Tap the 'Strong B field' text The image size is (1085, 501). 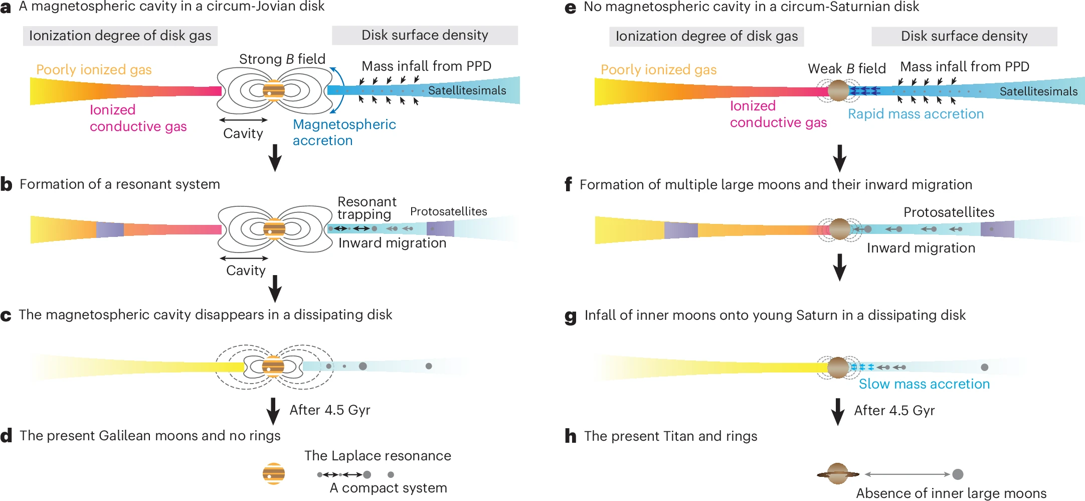pyautogui.click(x=282, y=59)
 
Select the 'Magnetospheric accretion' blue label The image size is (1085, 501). pyautogui.click(x=344, y=133)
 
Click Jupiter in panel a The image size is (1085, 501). pyautogui.click(x=274, y=91)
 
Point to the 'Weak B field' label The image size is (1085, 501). pyautogui.click(x=846, y=69)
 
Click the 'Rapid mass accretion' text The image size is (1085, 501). pyautogui.click(x=916, y=114)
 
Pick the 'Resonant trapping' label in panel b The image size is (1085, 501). pyautogui.click(x=367, y=208)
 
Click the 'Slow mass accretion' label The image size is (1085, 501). pyautogui.click(x=924, y=384)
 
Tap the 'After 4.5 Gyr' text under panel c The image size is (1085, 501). pyautogui.click(x=329, y=410)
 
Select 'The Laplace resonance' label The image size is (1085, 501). pyautogui.click(x=378, y=456)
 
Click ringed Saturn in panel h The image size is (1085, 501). pyautogui.click(x=838, y=474)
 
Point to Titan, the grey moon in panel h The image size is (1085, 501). pyautogui.click(x=958, y=474)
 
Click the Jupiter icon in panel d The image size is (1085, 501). pyautogui.click(x=274, y=473)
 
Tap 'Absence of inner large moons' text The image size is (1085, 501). pyautogui.click(x=951, y=493)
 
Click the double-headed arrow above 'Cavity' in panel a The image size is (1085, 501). pyautogui.click(x=244, y=120)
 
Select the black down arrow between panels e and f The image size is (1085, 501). pyautogui.click(x=840, y=159)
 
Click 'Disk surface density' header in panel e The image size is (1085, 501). pyautogui.click(x=964, y=36)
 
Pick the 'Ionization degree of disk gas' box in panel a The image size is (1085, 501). pyautogui.click(x=120, y=36)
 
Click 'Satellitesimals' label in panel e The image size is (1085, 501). pyautogui.click(x=1038, y=91)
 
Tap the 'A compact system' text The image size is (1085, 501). pyautogui.click(x=388, y=488)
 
